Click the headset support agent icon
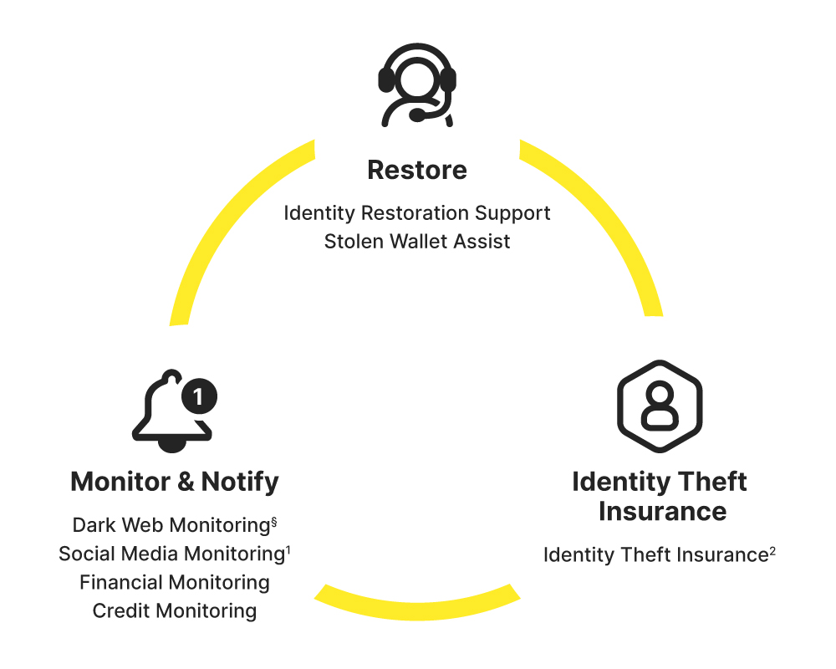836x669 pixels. [417, 84]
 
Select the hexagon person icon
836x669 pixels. [660, 406]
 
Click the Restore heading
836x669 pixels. [417, 171]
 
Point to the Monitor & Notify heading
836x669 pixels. [175, 482]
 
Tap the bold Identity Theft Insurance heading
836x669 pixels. [660, 496]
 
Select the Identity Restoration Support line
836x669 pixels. [417, 213]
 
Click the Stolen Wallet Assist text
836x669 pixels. [417, 242]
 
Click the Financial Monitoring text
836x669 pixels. [175, 582]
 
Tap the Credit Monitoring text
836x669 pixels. [175, 610]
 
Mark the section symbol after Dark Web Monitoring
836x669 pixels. [273, 521]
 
